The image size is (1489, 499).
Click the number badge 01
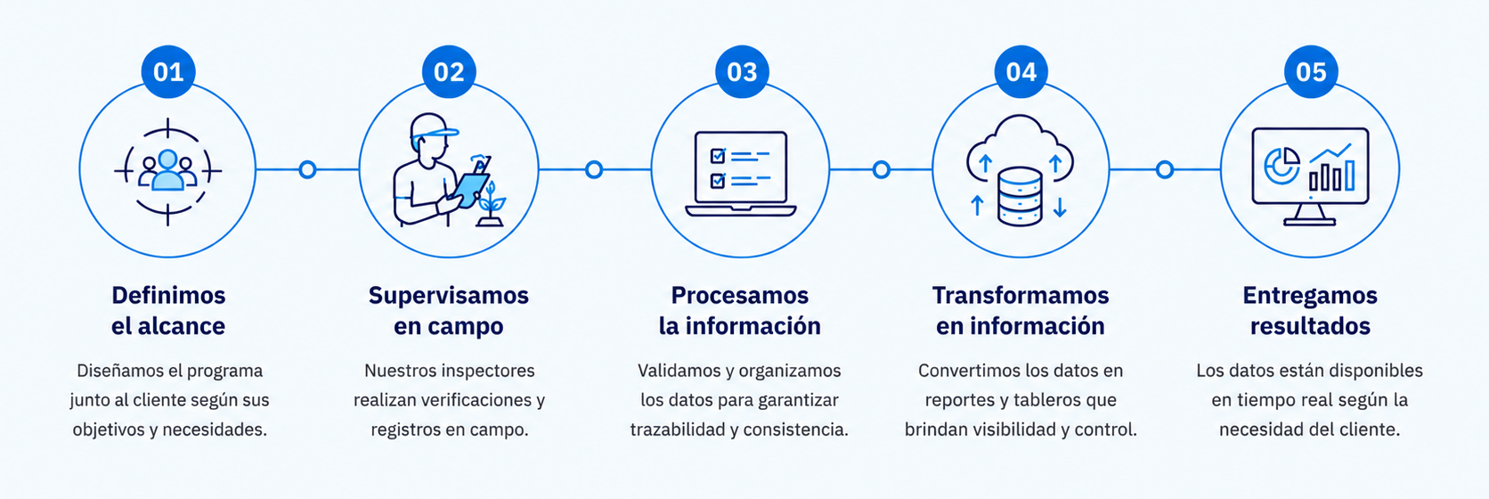[168, 72]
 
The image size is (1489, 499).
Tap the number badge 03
[742, 72]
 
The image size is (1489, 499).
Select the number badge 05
[1311, 72]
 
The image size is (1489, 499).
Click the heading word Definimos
[169, 295]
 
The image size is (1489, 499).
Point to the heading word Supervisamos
[449, 296]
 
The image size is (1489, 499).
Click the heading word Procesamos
[740, 295]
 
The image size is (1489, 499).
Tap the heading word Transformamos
[1021, 295]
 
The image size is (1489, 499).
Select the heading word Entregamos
[1310, 296]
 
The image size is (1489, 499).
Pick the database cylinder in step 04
[1020, 196]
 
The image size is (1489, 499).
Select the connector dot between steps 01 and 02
[307, 169]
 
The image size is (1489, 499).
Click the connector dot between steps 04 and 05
[1165, 169]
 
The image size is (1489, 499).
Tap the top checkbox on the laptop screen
[718, 156]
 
